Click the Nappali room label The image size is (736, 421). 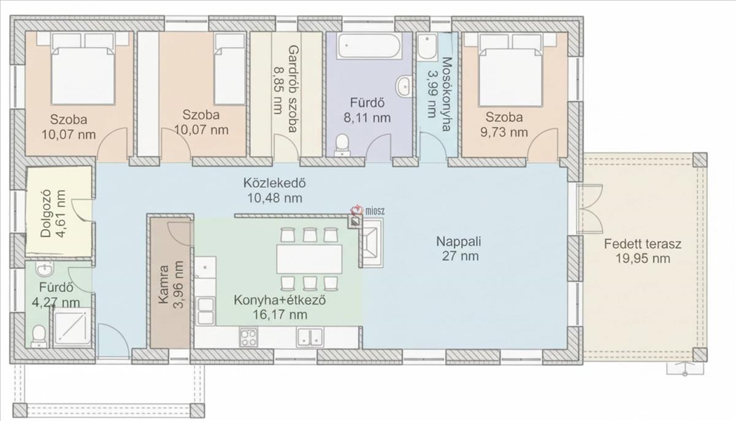tap(458, 242)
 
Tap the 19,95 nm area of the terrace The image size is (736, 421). tap(643, 258)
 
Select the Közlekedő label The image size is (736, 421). tap(274, 183)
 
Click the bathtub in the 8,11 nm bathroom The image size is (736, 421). tap(369, 46)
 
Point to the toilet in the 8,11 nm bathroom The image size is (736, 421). tap(342, 145)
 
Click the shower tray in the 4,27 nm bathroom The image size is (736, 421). tap(72, 328)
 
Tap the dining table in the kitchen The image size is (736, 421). tap(309, 259)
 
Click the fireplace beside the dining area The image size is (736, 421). tap(372, 242)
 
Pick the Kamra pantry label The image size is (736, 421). tap(163, 285)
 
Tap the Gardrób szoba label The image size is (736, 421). tap(293, 89)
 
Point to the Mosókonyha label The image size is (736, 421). tap(447, 95)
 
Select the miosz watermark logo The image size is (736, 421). tap(367, 210)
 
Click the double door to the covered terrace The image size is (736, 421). tap(590, 209)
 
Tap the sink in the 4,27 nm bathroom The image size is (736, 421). tap(44, 269)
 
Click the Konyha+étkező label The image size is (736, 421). tap(280, 300)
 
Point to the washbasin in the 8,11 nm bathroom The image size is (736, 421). tap(404, 87)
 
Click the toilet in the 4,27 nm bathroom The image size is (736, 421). tap(39, 336)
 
